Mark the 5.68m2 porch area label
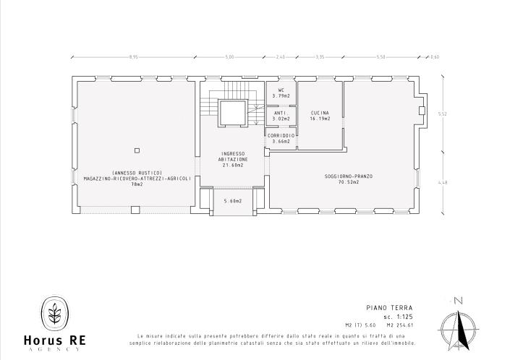(233, 201)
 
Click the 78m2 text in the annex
(137, 184)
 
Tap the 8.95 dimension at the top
(133, 56)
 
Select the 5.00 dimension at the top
(230, 56)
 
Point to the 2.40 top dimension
(281, 56)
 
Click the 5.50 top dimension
(381, 56)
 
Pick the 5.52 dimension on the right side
(443, 113)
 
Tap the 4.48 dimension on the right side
(443, 183)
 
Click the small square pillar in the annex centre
(137, 150)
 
